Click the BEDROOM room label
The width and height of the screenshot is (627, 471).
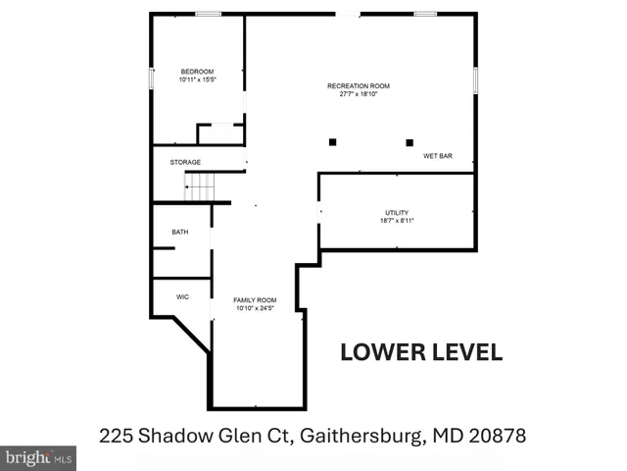pos(196,72)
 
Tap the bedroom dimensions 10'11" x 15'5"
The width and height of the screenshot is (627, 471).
pos(197,79)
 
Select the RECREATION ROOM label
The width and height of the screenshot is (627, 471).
pos(352,86)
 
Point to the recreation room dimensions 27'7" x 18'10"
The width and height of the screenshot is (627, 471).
pos(352,94)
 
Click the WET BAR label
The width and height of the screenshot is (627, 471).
pos(437,156)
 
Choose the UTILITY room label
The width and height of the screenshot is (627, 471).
pos(397,213)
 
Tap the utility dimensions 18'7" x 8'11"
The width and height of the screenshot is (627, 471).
pos(397,221)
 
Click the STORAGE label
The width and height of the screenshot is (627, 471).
pos(185,162)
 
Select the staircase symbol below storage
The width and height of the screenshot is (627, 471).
pos(201,184)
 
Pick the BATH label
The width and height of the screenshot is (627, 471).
pos(180,233)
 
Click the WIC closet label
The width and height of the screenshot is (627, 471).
pos(182,295)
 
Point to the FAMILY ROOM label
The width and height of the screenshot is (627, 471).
pos(255,300)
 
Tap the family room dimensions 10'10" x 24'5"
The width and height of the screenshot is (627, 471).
pos(255,308)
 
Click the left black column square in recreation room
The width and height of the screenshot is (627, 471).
pos(333,142)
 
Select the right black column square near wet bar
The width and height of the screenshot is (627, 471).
pos(410,142)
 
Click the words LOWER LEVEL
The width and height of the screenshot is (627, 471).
pos(421,352)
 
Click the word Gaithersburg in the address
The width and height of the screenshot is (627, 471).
pos(355,433)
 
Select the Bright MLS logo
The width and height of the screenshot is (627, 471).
pos(39,457)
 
